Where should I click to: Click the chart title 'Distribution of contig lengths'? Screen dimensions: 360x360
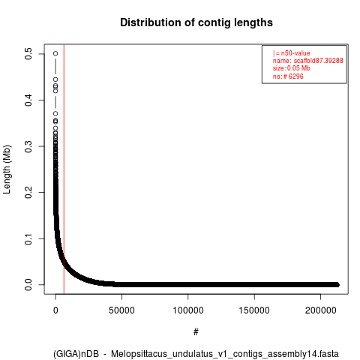click(x=196, y=22)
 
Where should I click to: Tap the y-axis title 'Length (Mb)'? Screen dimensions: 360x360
click(x=7, y=169)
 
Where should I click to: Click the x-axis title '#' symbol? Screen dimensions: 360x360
click(x=196, y=332)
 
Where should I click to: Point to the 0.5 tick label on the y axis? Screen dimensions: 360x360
click(x=28, y=54)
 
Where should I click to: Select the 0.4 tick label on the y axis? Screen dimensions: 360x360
click(x=28, y=100)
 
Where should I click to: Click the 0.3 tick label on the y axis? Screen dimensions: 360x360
click(x=28, y=146)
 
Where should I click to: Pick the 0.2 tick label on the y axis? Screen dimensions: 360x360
click(x=28, y=192)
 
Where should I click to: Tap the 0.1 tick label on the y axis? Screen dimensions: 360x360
click(x=28, y=238)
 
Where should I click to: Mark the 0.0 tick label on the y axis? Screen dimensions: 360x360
click(x=28, y=285)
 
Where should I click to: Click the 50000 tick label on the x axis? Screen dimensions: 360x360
click(x=121, y=310)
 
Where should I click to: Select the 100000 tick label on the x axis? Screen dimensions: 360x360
click(x=188, y=310)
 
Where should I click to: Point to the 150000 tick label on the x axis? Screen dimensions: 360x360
click(x=254, y=310)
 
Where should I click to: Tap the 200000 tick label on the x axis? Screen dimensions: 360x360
click(x=320, y=310)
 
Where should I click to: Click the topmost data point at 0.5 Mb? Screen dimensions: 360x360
click(x=55, y=53)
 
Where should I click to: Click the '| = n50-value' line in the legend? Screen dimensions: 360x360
click(x=292, y=53)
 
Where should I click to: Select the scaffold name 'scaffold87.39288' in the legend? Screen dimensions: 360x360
click(x=318, y=61)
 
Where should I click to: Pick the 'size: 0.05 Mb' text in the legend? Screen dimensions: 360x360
click(x=292, y=68)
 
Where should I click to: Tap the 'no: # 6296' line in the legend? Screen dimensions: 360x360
click(x=288, y=76)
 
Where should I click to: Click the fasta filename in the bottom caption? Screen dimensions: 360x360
click(x=225, y=354)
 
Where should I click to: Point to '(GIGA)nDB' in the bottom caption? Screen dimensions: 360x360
click(x=76, y=354)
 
